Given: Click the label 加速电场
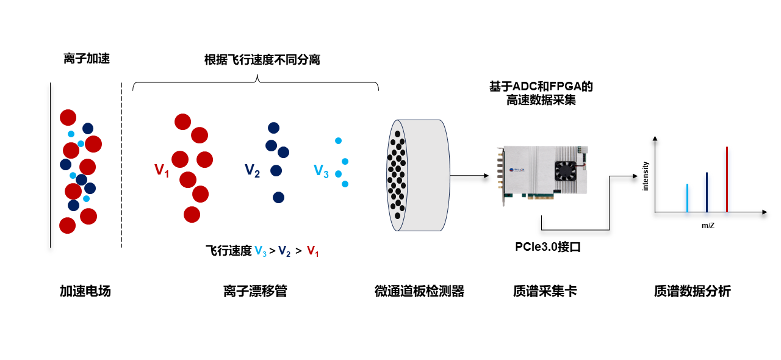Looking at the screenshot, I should [85, 291].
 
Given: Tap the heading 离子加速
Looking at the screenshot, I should [87, 59].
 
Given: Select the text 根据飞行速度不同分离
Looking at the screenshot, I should [262, 60].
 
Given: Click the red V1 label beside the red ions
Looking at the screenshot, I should [162, 170].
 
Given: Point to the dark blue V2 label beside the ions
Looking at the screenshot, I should [252, 170].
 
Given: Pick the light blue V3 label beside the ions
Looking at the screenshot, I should [321, 171].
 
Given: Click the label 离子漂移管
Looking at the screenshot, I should [255, 291].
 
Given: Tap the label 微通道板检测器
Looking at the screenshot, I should [419, 291].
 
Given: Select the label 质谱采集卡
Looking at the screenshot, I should [545, 291].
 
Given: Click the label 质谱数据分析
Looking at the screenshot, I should [692, 291].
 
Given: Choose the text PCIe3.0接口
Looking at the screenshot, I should [545, 248].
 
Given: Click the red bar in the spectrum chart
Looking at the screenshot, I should [727, 179].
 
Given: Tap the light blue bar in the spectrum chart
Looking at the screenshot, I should [687, 198].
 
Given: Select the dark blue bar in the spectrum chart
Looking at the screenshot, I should [707, 192].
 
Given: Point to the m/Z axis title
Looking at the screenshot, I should [708, 226].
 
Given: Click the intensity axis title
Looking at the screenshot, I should [646, 176].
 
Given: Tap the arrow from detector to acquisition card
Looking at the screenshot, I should [470, 176].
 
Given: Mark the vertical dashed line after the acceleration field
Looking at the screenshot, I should [121, 165].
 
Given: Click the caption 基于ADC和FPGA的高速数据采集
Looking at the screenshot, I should [541, 93].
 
